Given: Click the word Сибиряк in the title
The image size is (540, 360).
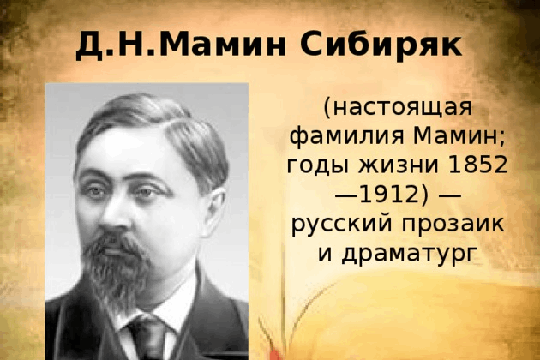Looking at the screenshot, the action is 381,45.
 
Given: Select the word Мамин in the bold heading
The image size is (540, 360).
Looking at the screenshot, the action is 223,45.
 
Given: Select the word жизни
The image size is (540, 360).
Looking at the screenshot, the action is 399,165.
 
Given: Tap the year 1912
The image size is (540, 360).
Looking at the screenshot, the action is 387,194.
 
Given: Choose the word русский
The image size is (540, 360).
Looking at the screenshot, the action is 342,225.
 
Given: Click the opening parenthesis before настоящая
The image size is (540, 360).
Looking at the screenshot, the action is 327,108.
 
